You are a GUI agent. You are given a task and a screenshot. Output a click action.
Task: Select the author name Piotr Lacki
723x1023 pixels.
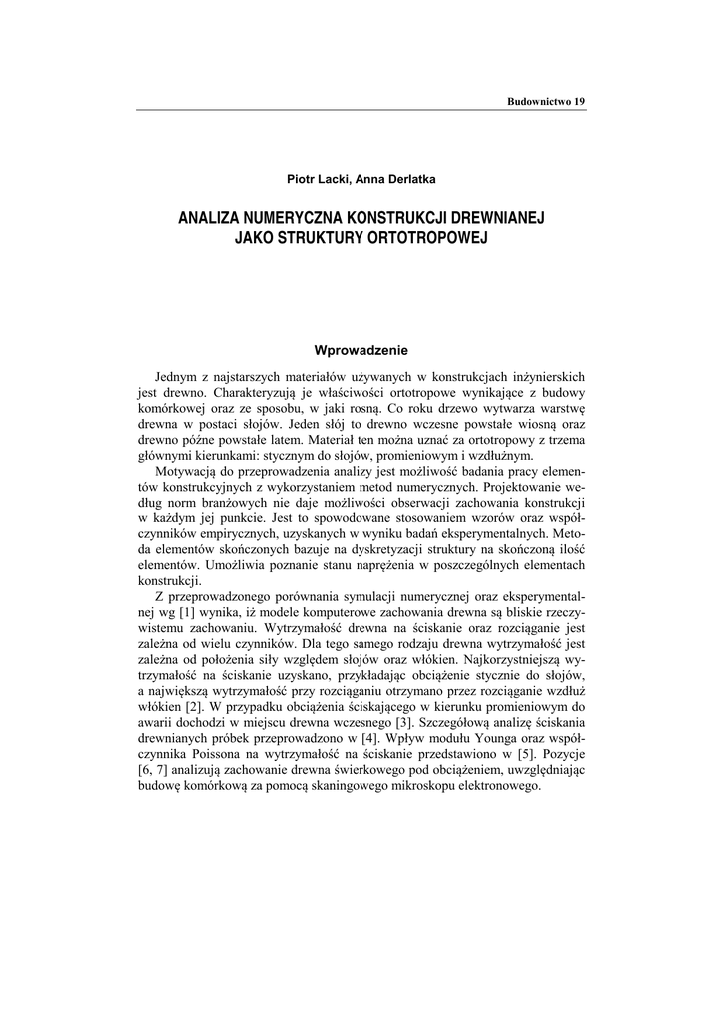click(x=315, y=179)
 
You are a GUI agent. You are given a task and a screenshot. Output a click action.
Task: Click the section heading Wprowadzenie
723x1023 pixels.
click(x=361, y=350)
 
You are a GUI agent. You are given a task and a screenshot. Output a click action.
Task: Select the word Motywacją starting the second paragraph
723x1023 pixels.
click(x=190, y=470)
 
